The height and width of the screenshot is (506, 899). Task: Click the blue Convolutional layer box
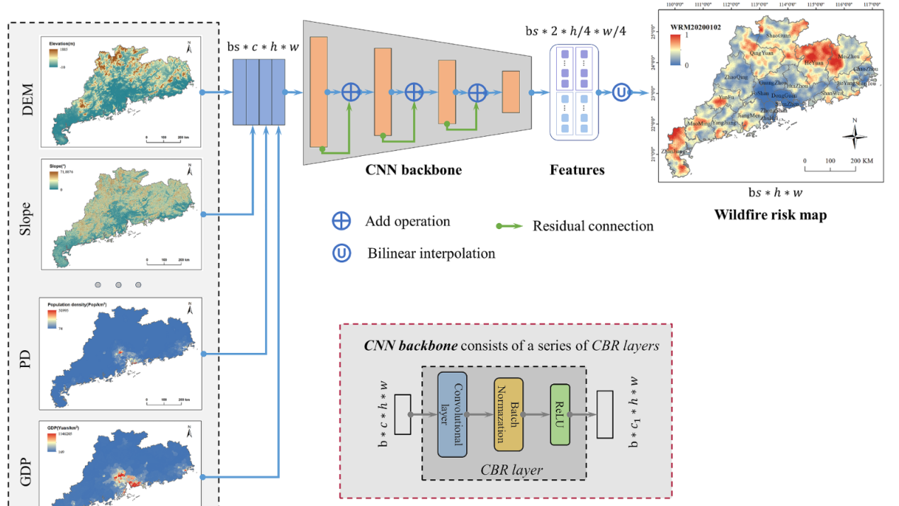pyautogui.click(x=453, y=414)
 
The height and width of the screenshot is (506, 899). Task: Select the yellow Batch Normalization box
pyautogui.click(x=508, y=414)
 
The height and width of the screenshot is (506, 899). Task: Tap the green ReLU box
pyautogui.click(x=560, y=414)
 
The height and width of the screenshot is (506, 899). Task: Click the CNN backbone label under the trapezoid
pyautogui.click(x=414, y=170)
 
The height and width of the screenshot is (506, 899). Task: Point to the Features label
pyautogui.click(x=577, y=170)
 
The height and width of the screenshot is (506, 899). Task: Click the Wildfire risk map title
pyautogui.click(x=770, y=215)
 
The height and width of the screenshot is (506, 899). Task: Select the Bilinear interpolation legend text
pyautogui.click(x=431, y=253)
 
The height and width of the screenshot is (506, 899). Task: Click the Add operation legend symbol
pyautogui.click(x=341, y=221)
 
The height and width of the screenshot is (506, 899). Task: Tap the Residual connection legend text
pyautogui.click(x=593, y=226)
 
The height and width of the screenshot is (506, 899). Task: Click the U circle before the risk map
pyautogui.click(x=621, y=92)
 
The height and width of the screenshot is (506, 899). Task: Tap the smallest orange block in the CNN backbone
pyautogui.click(x=511, y=92)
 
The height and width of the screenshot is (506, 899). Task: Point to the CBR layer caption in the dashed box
pyautogui.click(x=511, y=469)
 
